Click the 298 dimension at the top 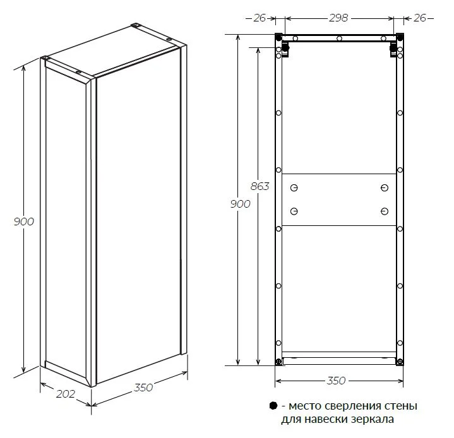click(x=338, y=18)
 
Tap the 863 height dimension click(x=260, y=186)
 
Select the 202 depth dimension click(x=66, y=394)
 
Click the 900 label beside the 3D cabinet click(x=24, y=222)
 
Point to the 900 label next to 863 click(x=240, y=204)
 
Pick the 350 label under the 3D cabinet click(x=143, y=388)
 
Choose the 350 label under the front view click(x=336, y=381)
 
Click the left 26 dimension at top click(x=259, y=18)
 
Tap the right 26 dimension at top click(x=419, y=18)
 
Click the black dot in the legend click(x=273, y=406)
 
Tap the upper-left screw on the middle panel click(x=294, y=188)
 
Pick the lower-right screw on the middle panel click(x=384, y=211)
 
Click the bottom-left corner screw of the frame click(x=278, y=362)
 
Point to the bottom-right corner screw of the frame click(x=400, y=362)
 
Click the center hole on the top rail click(x=339, y=38)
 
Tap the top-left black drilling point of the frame click(x=278, y=37)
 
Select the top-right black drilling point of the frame click(x=400, y=37)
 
